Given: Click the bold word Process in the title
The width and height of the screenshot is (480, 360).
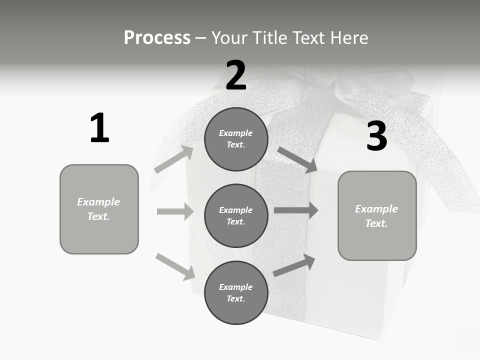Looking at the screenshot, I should pos(157,38).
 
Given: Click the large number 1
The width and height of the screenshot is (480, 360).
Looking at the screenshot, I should pos(99,128).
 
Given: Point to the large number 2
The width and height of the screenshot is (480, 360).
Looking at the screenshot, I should pos(236,75).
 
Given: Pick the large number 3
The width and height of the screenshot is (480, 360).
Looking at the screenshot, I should pos(376,136).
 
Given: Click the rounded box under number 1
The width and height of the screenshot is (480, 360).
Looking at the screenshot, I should pos(99,209).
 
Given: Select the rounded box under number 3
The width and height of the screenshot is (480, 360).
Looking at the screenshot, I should pos(377,215).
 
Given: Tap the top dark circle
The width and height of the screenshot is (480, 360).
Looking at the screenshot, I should pos(236,139).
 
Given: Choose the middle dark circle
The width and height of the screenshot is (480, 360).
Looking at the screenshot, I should pos(236,215).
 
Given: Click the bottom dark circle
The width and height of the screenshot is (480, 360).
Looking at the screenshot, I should pos(236,292).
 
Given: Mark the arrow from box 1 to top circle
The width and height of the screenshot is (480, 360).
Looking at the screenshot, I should pos(174,159).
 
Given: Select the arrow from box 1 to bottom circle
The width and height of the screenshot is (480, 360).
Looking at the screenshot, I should pos(175,266).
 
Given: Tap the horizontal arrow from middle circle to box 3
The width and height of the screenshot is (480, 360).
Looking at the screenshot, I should pos(296,210).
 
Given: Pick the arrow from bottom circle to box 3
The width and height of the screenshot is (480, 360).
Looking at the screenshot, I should pos(294,265).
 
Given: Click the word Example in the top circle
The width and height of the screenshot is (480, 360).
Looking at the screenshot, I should pos(236,133).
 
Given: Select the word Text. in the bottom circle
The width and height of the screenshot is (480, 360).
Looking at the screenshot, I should pos(236,298).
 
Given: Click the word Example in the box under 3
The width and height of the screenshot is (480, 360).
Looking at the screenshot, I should pos(376,209).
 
